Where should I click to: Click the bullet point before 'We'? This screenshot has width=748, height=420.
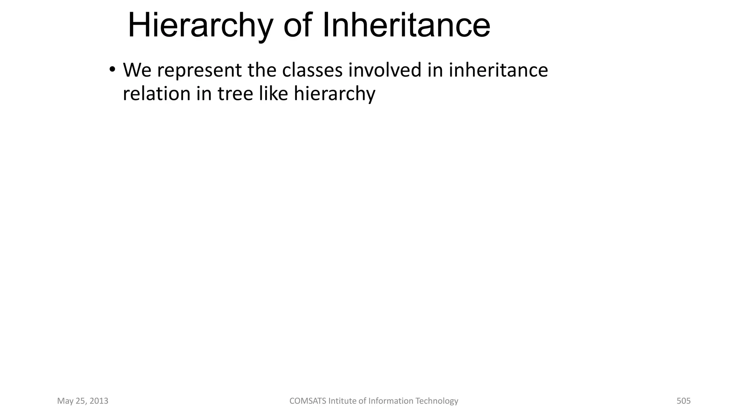tap(112, 69)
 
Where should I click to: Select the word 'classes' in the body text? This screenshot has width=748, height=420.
tap(312, 70)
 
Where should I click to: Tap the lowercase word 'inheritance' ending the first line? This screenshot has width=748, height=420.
tap(498, 70)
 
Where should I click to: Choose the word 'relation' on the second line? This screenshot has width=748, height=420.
tap(157, 94)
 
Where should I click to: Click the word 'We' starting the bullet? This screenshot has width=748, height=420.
tap(137, 70)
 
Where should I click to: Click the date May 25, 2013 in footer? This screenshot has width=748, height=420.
tap(83, 401)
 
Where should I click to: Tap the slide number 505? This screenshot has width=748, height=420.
tap(683, 401)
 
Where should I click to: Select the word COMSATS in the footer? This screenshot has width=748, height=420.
tap(308, 401)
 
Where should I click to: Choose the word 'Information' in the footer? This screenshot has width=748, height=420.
tap(390, 401)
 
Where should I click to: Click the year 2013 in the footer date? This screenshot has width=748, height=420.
tap(99, 401)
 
